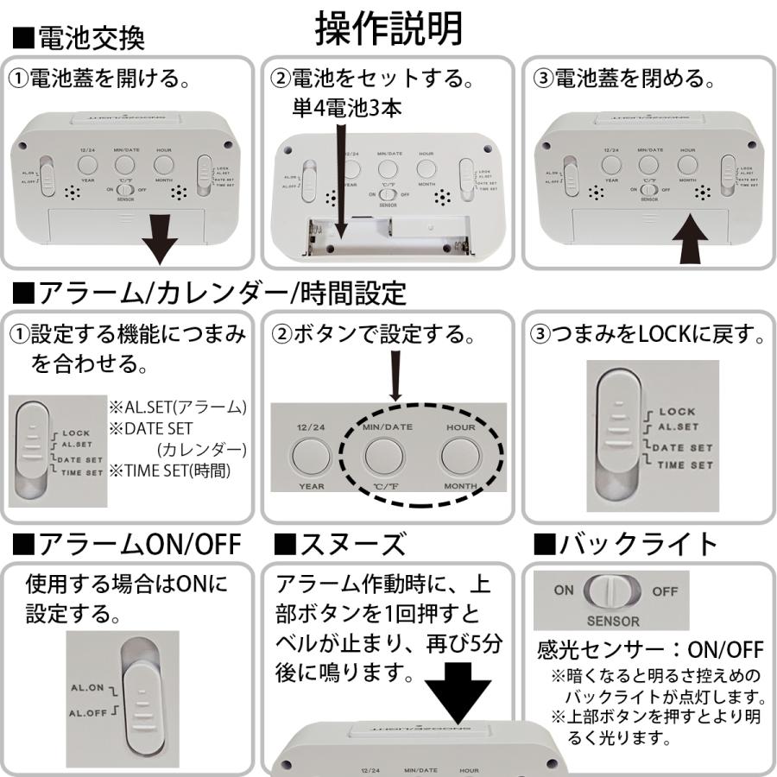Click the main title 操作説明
tap(388, 29)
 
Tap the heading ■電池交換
tap(79, 37)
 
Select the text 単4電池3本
tap(344, 108)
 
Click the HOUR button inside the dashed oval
tap(460, 456)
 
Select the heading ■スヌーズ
tap(339, 545)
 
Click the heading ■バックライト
tap(626, 545)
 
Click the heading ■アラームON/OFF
tap(128, 545)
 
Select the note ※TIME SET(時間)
tap(177, 471)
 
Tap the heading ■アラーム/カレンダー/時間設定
tap(209, 294)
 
